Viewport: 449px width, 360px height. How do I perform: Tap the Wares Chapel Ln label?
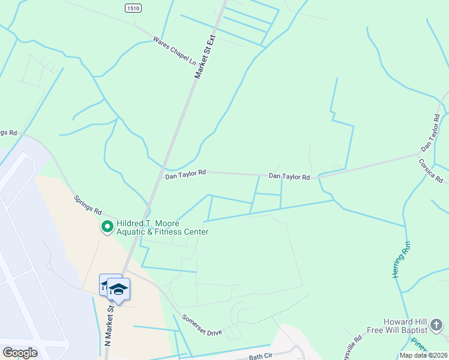pyautogui.click(x=174, y=50)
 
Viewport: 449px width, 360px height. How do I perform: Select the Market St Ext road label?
pyautogui.click(x=204, y=57)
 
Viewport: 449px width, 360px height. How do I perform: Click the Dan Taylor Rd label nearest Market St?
pyautogui.click(x=185, y=172)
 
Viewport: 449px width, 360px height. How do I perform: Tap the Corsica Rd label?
pyautogui.click(x=431, y=171)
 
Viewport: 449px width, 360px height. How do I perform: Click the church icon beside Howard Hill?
pyautogui.click(x=436, y=326)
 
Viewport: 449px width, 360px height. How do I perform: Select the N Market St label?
pyautogui.click(x=109, y=324)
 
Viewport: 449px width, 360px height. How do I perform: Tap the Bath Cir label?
pyautogui.click(x=261, y=356)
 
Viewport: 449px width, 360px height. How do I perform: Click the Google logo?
pyautogui.click(x=20, y=353)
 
